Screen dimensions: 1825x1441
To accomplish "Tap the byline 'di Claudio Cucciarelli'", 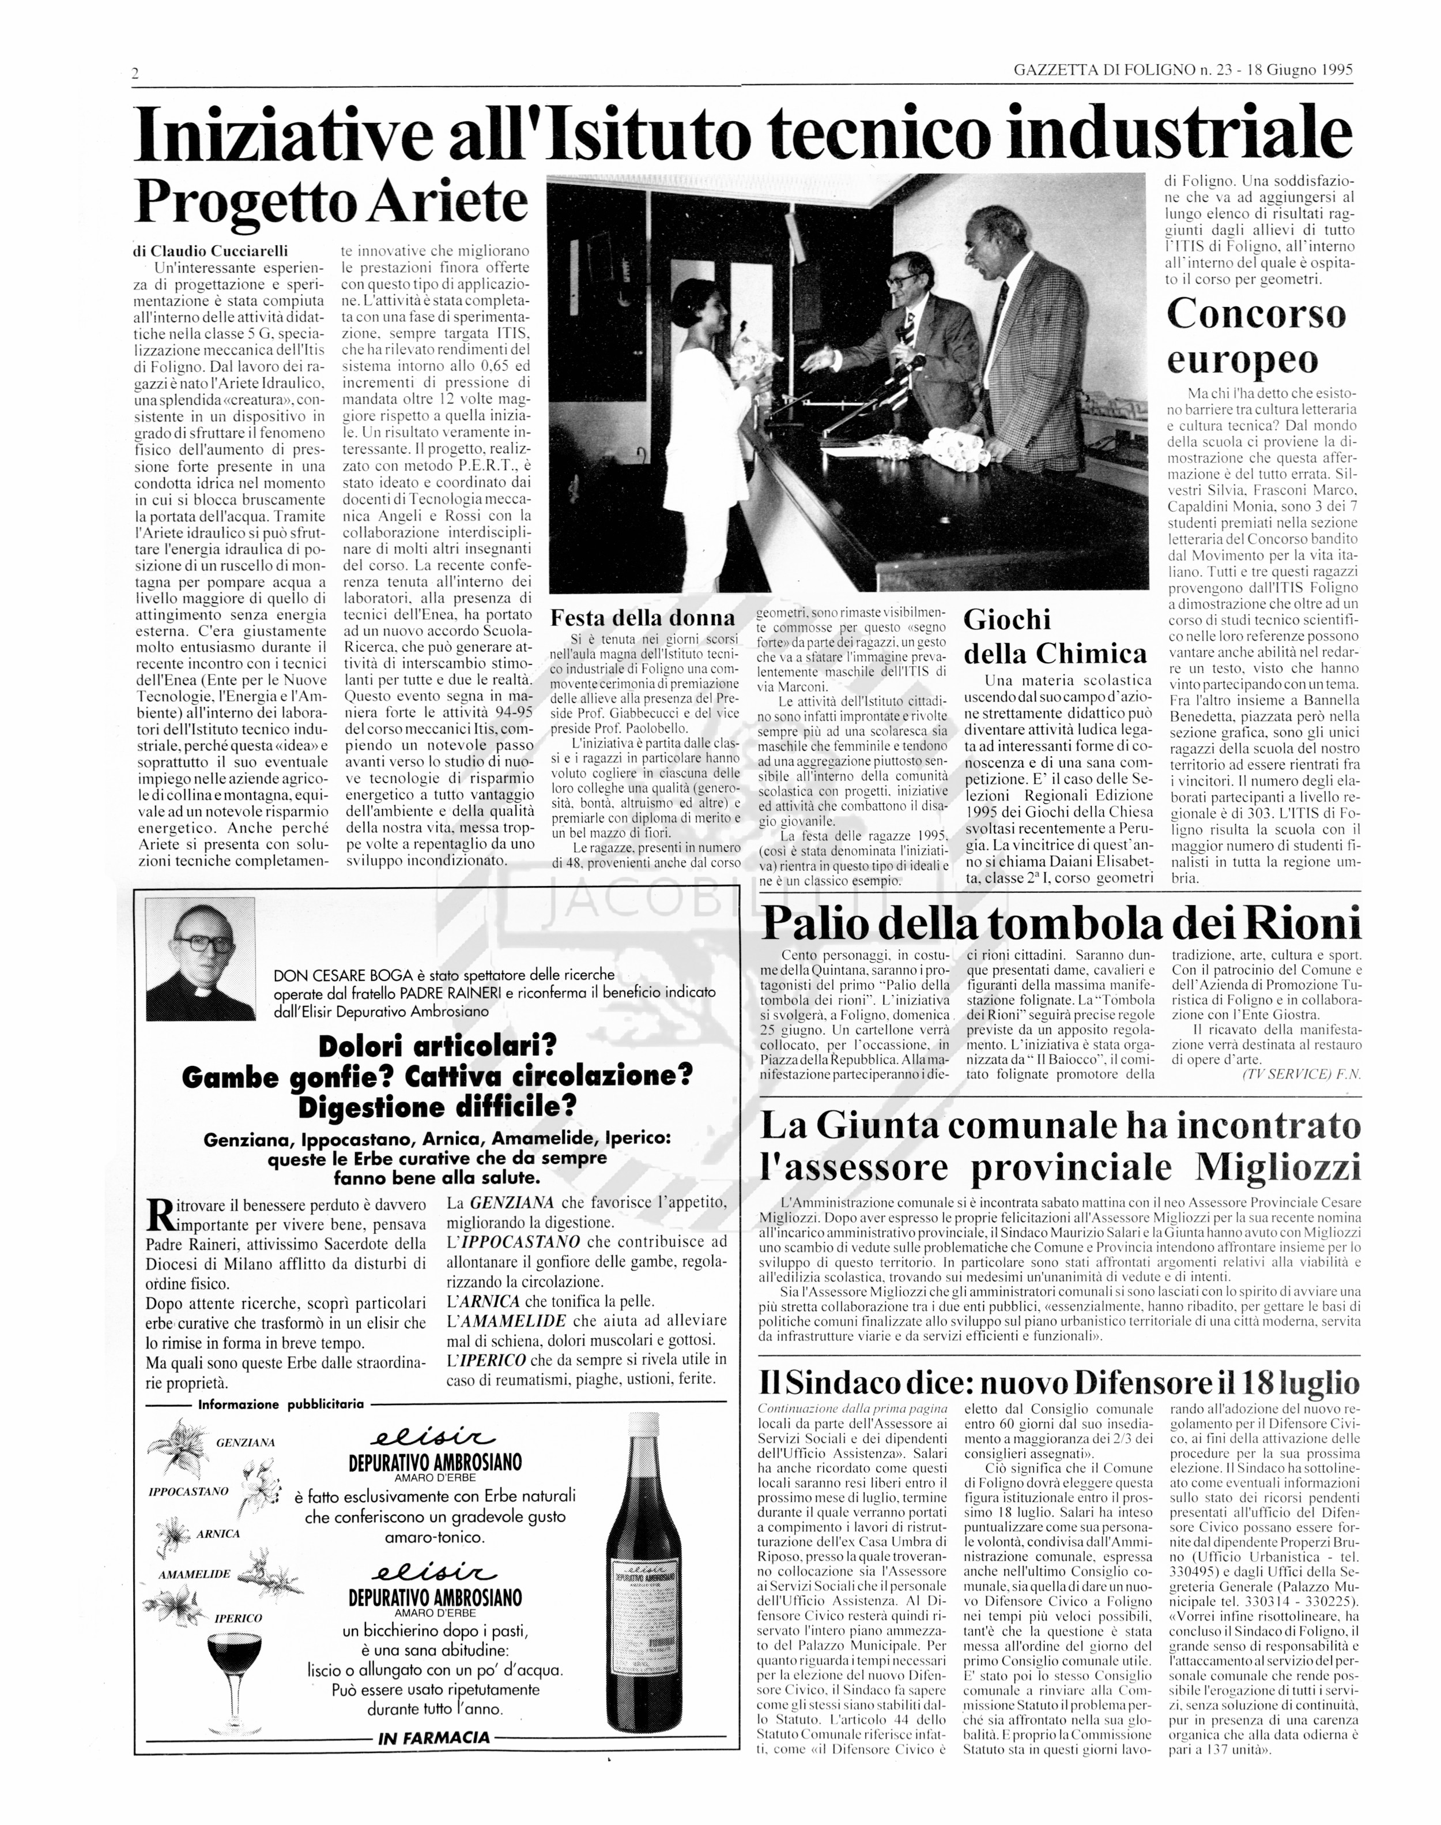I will coord(211,251).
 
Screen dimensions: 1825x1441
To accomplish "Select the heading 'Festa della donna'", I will coord(642,617).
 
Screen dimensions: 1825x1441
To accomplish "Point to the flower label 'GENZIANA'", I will coord(244,1443).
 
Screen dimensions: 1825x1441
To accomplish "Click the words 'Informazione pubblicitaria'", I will coord(280,1405).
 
